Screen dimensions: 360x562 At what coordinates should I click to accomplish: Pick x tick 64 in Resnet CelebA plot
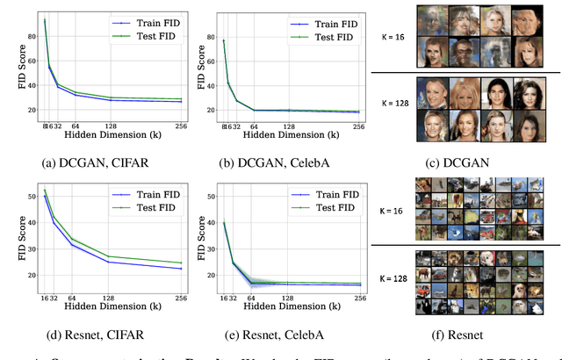coord(251,299)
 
